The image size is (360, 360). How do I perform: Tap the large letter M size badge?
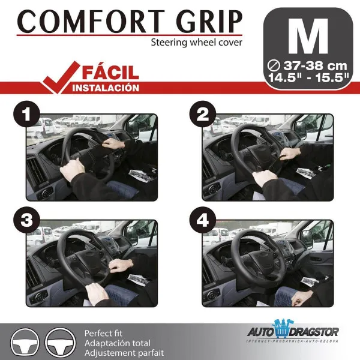(x=308, y=37)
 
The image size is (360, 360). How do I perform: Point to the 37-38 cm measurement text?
(x=315, y=66)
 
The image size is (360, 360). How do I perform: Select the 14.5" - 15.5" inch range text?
(x=308, y=77)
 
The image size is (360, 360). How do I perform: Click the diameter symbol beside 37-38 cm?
(x=274, y=66)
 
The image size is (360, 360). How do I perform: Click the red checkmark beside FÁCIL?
(x=61, y=77)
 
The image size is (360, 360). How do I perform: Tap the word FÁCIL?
(x=110, y=73)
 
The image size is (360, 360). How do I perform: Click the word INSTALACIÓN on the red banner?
(x=106, y=88)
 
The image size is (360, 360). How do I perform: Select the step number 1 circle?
(x=26, y=114)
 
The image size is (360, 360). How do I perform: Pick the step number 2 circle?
(x=203, y=114)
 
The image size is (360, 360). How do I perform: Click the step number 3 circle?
(x=26, y=220)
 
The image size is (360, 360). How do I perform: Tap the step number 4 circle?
(x=203, y=220)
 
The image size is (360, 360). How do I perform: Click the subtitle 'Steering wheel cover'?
(x=196, y=43)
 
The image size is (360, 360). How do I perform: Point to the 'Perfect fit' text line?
(x=103, y=333)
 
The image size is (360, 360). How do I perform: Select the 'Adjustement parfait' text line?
(x=124, y=353)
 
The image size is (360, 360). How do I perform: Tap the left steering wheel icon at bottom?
(x=25, y=343)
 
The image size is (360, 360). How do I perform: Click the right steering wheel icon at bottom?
(x=60, y=343)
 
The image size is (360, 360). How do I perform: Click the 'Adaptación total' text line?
(x=118, y=343)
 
